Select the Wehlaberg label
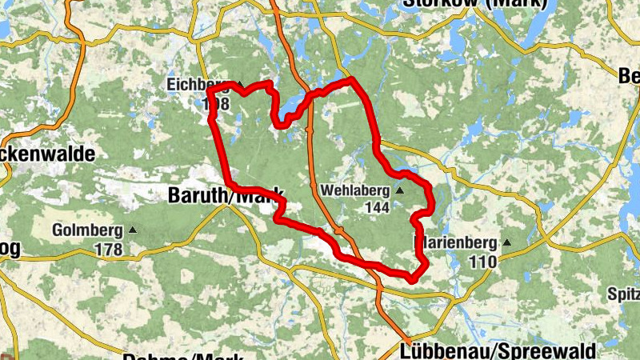tap(354, 191)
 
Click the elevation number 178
tap(108, 250)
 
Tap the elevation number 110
tap(483, 261)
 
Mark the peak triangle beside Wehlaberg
tap(399, 190)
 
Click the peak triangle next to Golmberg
tap(133, 230)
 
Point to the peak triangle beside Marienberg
tap(506, 242)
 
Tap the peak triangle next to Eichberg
tap(238, 83)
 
